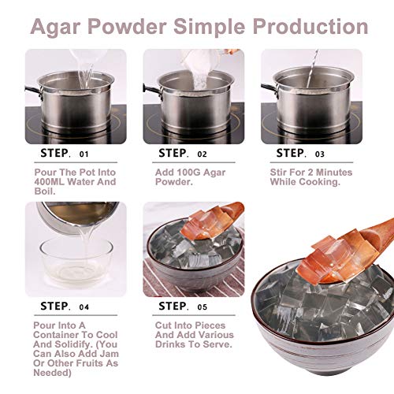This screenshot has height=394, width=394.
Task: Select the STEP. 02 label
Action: [183, 153]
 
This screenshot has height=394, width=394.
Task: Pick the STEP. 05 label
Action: [183, 306]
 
